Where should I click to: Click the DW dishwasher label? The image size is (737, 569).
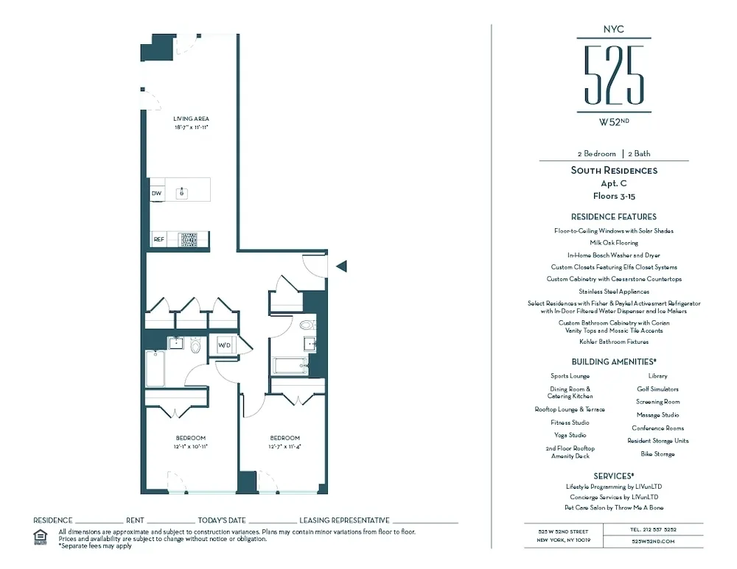pos(156,194)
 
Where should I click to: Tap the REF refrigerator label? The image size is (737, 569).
pos(158,239)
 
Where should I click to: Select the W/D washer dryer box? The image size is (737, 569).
pos(224,344)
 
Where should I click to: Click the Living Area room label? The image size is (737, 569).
pos(191,119)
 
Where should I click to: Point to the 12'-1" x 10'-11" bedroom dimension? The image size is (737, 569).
pos(191,446)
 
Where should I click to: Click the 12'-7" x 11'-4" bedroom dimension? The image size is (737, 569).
pos(284,446)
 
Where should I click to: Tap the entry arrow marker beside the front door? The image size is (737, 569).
pos(341,266)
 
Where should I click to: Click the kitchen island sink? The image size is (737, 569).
pos(181,193)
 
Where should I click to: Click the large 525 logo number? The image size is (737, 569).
pos(614,75)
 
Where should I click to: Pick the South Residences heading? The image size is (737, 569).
pos(614,171)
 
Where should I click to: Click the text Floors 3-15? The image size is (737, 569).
pos(614,197)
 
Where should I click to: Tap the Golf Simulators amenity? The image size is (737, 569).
pos(657,389)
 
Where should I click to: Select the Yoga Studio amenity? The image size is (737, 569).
pos(569,435)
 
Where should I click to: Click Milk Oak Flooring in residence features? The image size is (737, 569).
pos(614,242)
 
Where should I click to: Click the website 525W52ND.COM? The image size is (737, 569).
pos(653,541)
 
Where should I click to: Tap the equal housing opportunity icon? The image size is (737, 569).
pos(41,537)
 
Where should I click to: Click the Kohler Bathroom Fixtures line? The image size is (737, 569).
pos(614,342)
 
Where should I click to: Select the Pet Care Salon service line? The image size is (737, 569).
pos(614,508)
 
